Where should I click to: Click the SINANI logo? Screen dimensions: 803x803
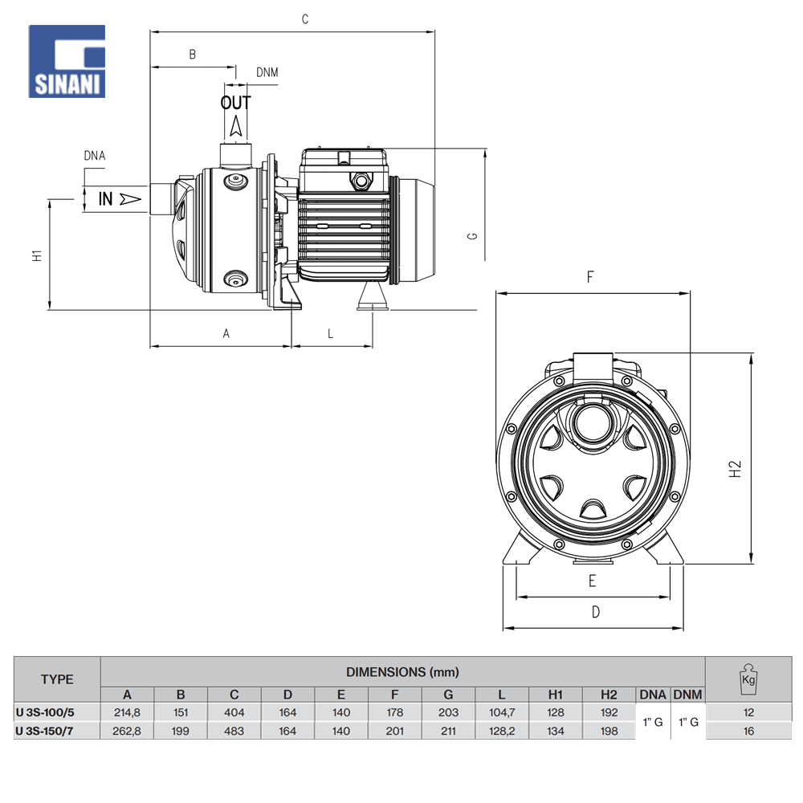coord(67,62)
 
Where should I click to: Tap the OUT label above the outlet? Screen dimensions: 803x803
coord(235,103)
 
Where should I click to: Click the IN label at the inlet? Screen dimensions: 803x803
coord(106,198)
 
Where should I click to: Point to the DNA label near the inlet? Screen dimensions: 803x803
coord(95,156)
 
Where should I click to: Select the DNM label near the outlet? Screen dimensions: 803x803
coord(267,72)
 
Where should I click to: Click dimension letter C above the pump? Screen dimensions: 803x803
coord(305,19)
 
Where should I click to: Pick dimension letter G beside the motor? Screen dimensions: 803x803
coord(473,236)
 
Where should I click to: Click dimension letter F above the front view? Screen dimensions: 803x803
coord(590,278)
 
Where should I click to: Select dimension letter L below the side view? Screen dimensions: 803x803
coord(330,333)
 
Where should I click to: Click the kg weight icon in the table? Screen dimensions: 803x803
coord(748,678)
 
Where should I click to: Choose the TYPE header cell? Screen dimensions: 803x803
coord(57,679)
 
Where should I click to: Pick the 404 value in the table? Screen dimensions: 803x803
coord(234,712)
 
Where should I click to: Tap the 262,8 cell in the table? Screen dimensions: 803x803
coord(127,731)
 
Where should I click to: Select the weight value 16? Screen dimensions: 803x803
coord(748,731)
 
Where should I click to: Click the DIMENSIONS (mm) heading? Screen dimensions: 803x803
coord(402,671)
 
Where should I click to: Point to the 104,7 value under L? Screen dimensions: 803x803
coord(501,712)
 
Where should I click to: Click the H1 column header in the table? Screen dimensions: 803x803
coord(555,695)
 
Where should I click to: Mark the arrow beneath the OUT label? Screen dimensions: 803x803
coord(235,124)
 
